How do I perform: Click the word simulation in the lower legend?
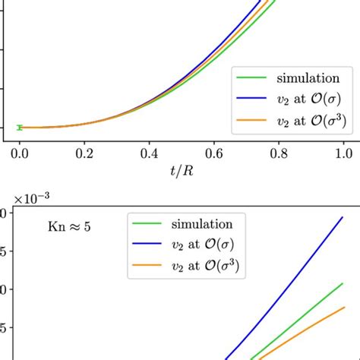pyautogui.click(x=201, y=224)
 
